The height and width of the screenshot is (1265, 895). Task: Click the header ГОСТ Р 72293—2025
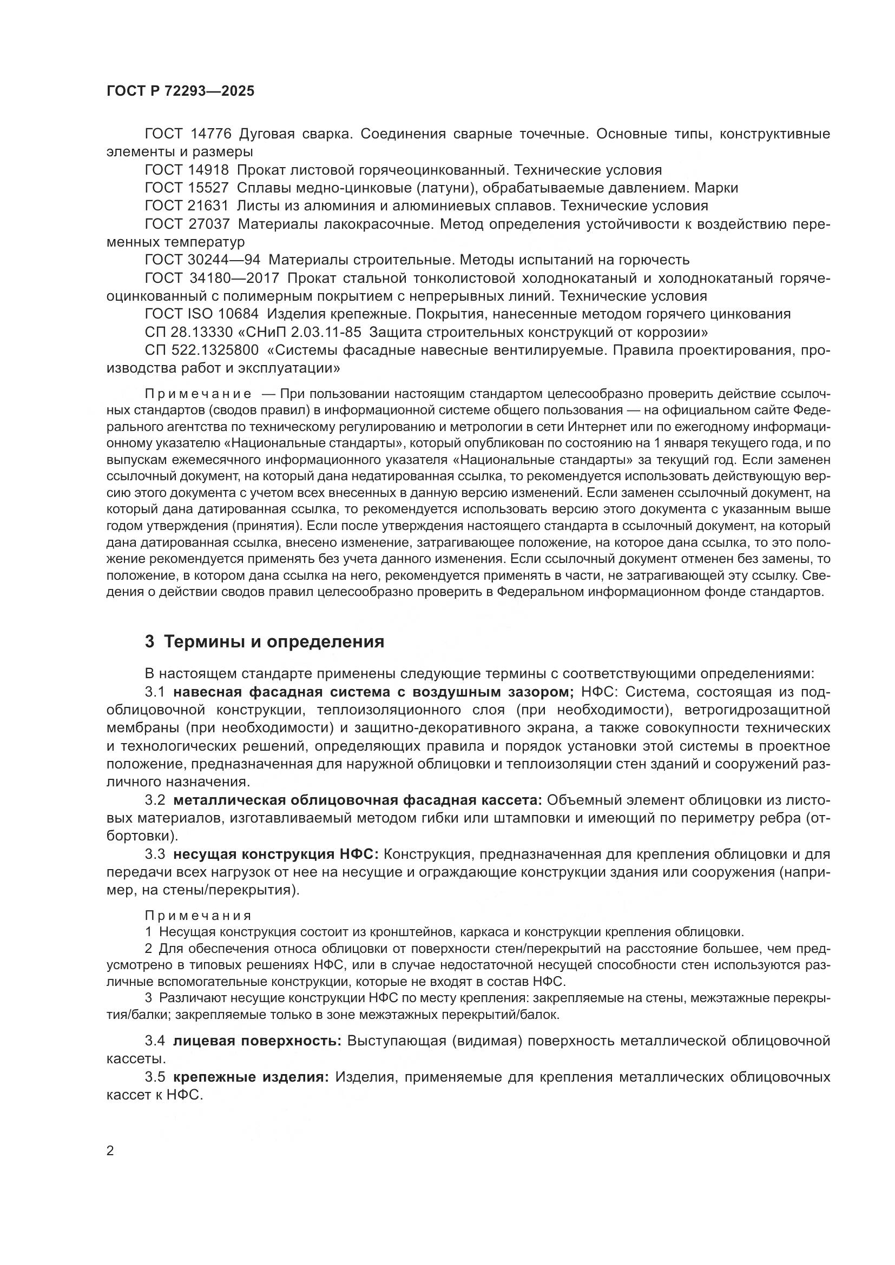180,91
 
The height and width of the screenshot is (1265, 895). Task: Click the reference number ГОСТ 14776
187,134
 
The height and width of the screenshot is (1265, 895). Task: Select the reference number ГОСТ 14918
187,170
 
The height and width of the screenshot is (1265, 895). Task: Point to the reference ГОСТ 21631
187,206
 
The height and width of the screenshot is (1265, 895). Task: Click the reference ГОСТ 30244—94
202,260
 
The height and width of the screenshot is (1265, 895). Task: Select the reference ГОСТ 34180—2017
212,278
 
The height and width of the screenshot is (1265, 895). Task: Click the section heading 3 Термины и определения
265,642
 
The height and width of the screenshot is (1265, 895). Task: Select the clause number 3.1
155,692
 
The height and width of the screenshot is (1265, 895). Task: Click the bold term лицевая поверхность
258,1041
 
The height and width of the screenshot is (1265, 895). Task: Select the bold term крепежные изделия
251,1077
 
